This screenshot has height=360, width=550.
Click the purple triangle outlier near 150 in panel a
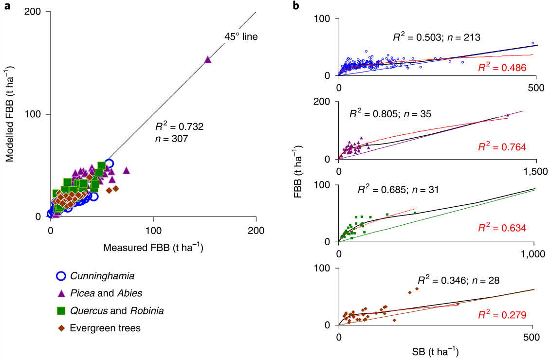(207, 59)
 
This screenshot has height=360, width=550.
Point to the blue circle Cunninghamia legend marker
(61, 276)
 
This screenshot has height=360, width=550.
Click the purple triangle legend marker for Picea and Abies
(61, 293)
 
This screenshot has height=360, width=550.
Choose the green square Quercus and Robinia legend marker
(61, 310)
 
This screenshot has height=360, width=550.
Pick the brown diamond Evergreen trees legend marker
(61, 328)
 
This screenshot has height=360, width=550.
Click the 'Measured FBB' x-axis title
(153, 247)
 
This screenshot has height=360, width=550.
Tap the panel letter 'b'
(295, 6)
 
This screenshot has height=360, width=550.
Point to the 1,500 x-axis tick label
(534, 171)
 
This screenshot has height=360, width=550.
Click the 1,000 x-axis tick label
(534, 254)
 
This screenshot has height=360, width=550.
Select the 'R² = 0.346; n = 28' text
(458, 281)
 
